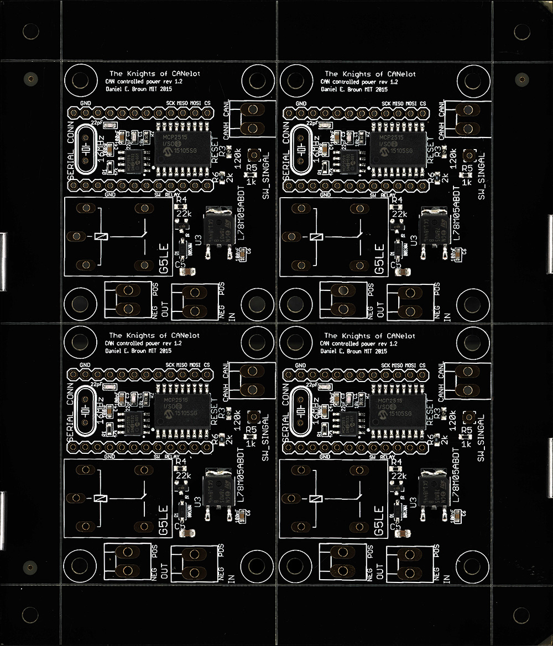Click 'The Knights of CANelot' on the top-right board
coord(369,73)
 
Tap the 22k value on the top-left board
coord(183,213)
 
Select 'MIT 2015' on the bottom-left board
coord(159,351)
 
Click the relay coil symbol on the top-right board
coord(316,236)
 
